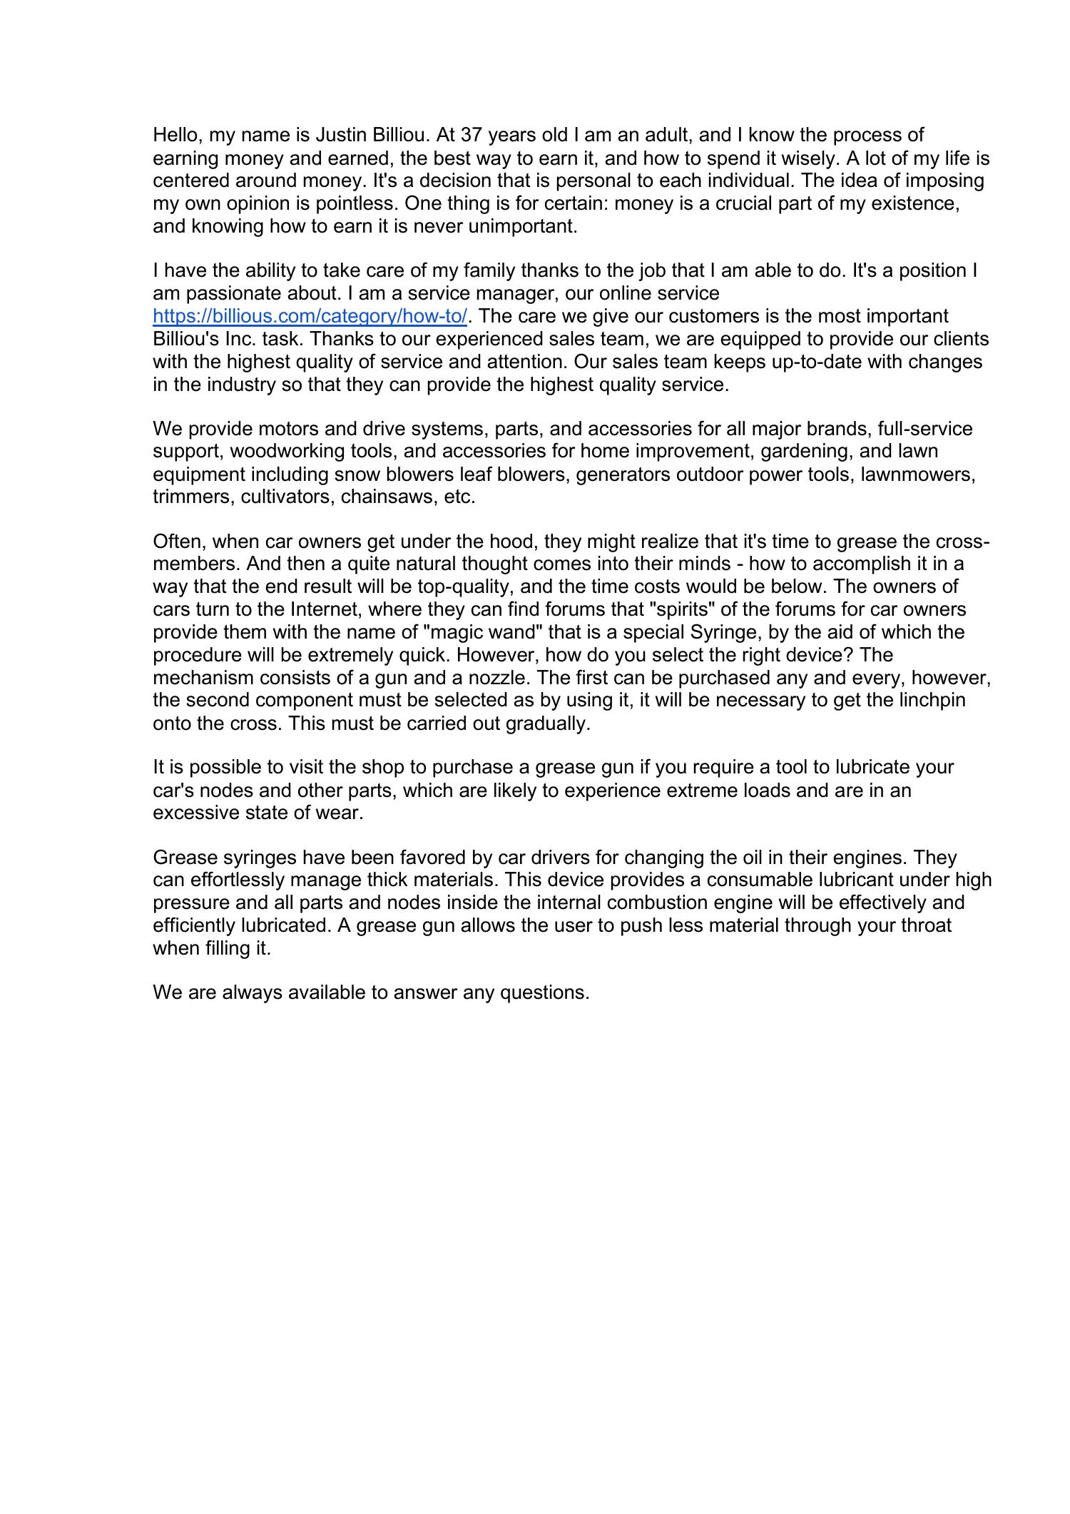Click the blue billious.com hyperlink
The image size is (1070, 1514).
(x=310, y=316)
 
